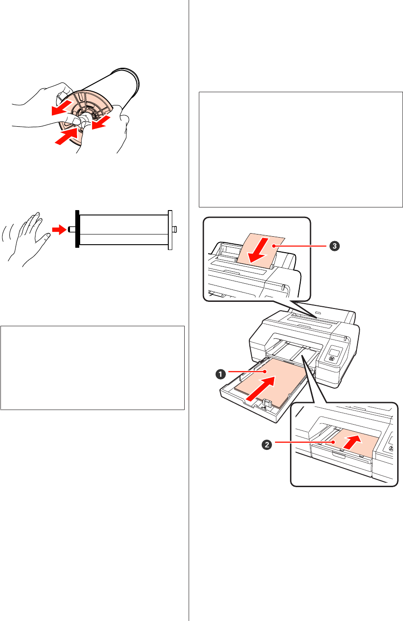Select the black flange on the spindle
click(x=77, y=229)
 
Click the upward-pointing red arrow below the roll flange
click(x=65, y=136)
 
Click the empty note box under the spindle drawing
click(x=92, y=368)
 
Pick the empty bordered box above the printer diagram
click(x=300, y=149)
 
